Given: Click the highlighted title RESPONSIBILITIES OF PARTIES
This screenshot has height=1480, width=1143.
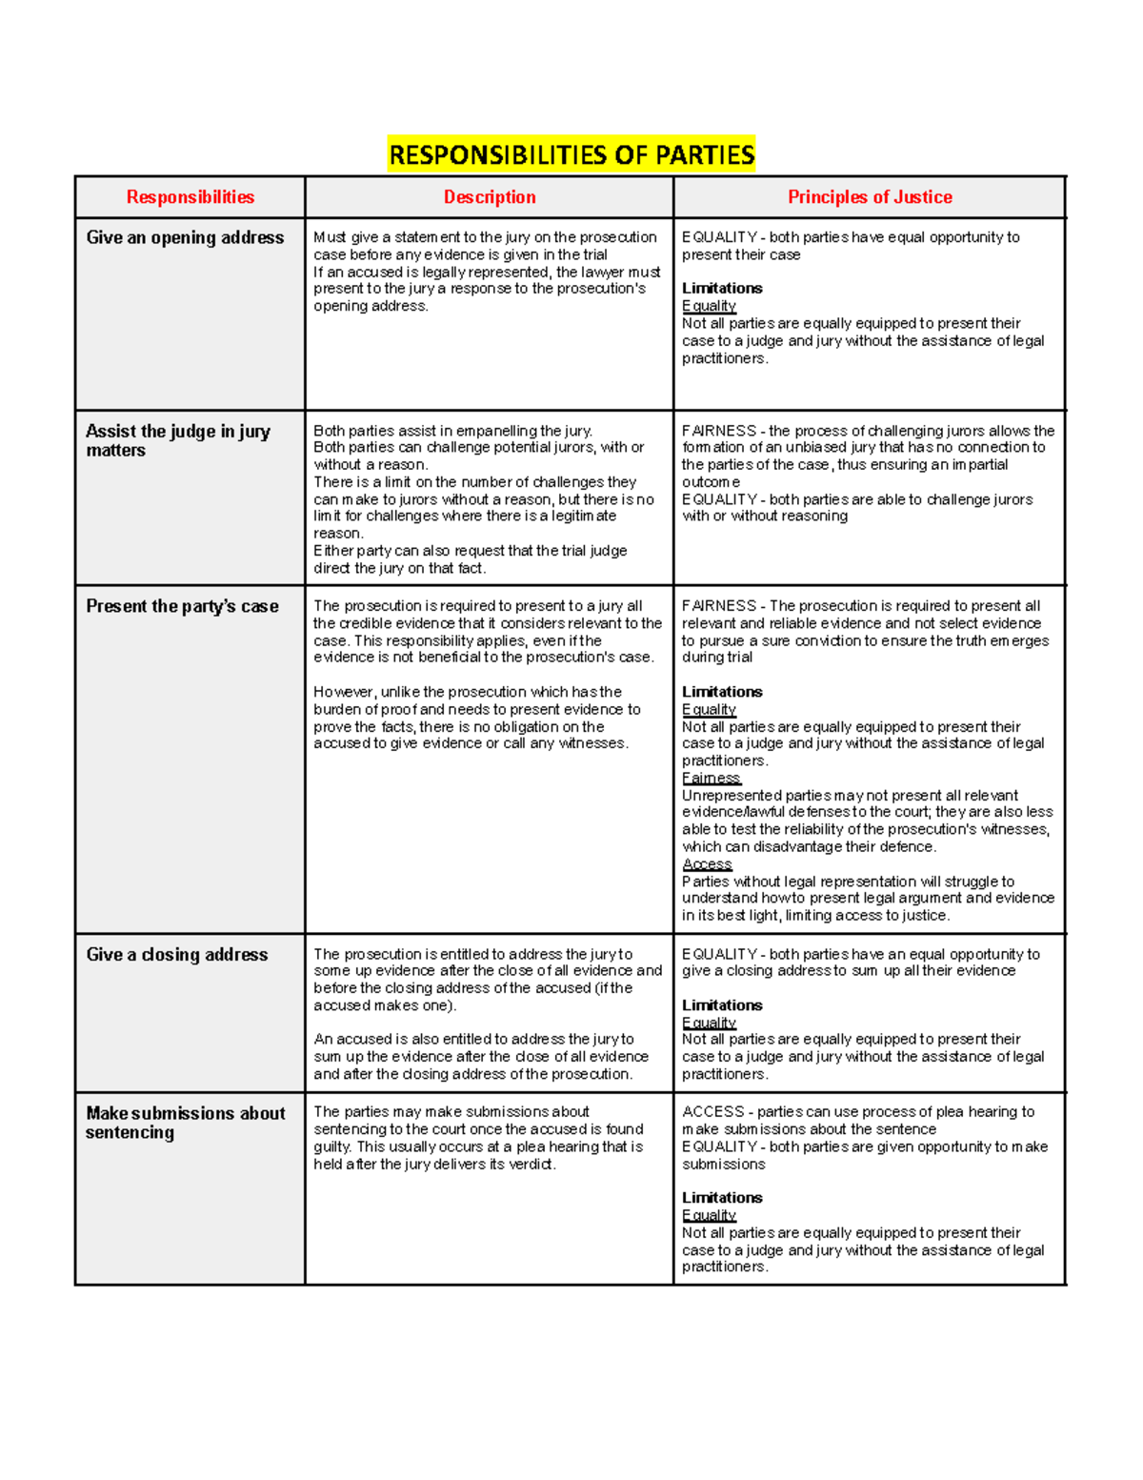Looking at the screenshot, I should click(x=571, y=154).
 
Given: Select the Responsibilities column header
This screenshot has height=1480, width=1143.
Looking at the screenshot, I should click(x=190, y=197).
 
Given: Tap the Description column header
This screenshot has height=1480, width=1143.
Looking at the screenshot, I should click(x=490, y=197).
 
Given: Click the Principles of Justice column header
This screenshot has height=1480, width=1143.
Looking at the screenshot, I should click(x=869, y=197).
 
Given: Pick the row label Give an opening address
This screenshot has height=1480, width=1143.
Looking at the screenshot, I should click(x=185, y=238).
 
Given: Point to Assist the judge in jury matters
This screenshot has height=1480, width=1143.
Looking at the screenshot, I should click(x=178, y=440).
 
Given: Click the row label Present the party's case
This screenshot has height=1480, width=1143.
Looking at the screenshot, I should click(x=182, y=606).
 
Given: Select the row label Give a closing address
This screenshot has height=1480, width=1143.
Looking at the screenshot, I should click(x=177, y=955).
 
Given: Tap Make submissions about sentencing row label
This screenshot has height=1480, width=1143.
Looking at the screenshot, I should click(x=185, y=1123).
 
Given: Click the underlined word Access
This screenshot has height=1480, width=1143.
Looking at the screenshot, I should click(x=707, y=864).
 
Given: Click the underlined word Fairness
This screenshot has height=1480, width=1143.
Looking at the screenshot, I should click(x=711, y=778).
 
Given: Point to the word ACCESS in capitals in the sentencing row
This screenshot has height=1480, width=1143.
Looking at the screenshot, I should click(x=712, y=1112).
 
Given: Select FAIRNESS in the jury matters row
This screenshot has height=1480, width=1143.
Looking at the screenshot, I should click(x=718, y=431).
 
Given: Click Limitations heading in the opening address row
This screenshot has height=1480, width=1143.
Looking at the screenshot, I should click(x=722, y=288).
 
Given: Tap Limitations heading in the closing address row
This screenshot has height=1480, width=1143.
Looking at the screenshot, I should click(x=722, y=1005).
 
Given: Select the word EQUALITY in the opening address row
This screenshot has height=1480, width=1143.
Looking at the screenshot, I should click(x=719, y=237).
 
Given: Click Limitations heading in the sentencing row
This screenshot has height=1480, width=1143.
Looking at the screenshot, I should click(x=722, y=1198).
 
